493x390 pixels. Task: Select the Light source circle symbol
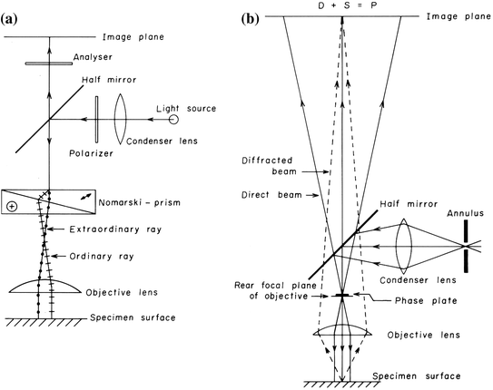click(x=172, y=119)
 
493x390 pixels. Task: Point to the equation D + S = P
click(x=343, y=6)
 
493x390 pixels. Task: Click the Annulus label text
click(x=452, y=214)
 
